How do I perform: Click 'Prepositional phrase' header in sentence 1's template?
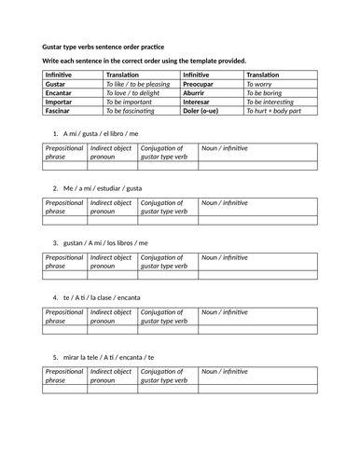click(64, 153)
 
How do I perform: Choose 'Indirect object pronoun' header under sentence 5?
click(111, 376)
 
